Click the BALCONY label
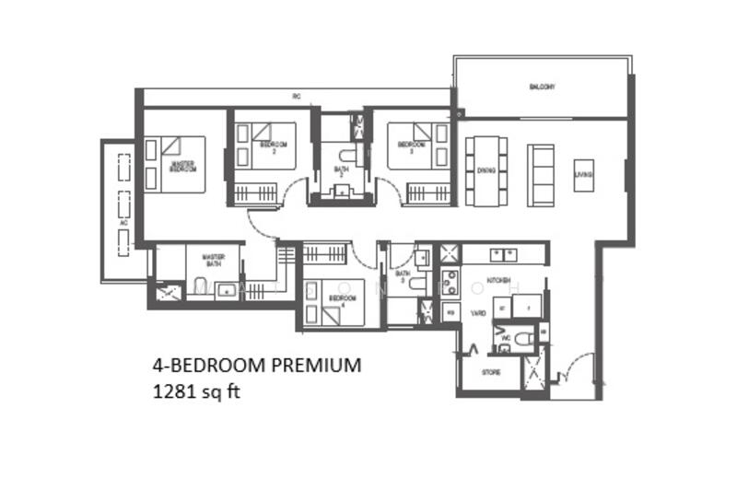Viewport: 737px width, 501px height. click(542, 87)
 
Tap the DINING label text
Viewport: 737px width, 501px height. click(485, 169)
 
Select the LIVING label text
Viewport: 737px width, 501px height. click(583, 175)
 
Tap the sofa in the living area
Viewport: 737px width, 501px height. click(542, 174)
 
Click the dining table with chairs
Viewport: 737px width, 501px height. click(485, 170)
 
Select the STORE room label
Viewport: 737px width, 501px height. click(492, 372)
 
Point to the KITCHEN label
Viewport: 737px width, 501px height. click(500, 279)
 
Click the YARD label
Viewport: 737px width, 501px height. click(479, 313)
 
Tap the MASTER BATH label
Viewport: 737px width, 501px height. click(214, 262)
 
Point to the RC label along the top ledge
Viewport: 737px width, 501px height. click(297, 97)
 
